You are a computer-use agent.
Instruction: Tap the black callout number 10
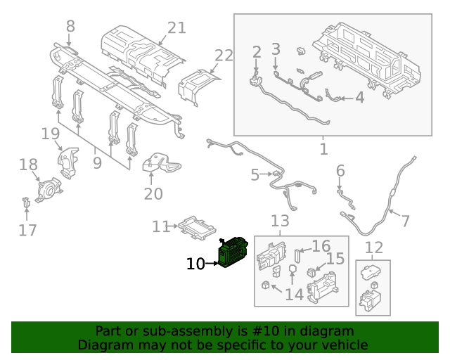click(195, 264)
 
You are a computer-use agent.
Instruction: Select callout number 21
click(176, 27)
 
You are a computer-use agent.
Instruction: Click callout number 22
click(224, 56)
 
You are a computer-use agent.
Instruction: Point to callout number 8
click(70, 26)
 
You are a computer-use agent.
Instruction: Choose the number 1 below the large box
click(323, 149)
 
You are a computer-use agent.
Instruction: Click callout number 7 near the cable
click(405, 221)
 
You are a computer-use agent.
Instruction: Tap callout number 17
click(27, 229)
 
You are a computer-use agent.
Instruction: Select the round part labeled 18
click(49, 190)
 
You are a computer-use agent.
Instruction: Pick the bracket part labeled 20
click(160, 167)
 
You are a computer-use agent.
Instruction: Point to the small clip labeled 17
click(27, 202)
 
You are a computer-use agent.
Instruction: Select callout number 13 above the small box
click(280, 221)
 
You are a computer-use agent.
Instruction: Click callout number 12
click(374, 247)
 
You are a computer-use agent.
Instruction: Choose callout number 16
click(321, 246)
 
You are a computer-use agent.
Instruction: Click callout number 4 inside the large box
click(359, 97)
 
